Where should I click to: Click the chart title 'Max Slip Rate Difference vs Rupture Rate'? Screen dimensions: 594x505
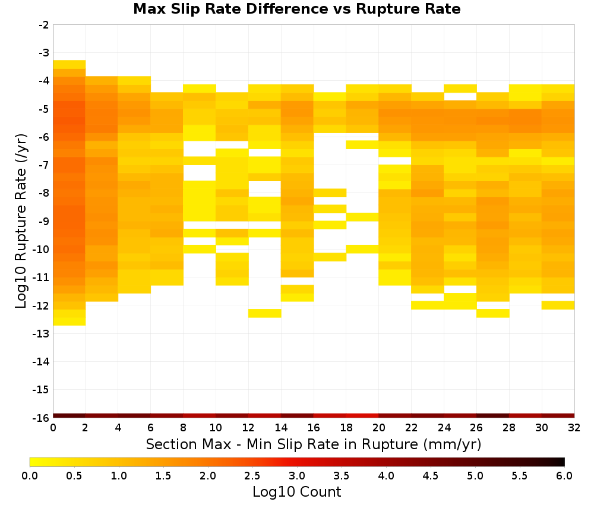pyautogui.click(x=296, y=9)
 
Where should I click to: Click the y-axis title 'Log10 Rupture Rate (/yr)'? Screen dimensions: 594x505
pyautogui.click(x=21, y=221)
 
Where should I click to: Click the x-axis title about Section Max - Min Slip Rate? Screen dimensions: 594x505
pyautogui.click(x=313, y=444)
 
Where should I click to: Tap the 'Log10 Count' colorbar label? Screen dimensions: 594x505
pyautogui.click(x=296, y=492)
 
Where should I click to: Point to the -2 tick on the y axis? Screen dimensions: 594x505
pyautogui.click(x=44, y=25)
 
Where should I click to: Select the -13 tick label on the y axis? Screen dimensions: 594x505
pyautogui.click(x=42, y=334)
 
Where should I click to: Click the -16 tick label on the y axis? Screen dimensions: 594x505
pyautogui.click(x=42, y=418)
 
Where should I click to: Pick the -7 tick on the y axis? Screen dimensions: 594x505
pyautogui.click(x=44, y=165)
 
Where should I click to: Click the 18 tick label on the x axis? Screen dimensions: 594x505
pyautogui.click(x=346, y=428)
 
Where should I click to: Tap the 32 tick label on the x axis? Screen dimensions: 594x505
pyautogui.click(x=574, y=428)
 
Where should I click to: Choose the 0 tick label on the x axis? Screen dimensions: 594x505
pyautogui.click(x=53, y=428)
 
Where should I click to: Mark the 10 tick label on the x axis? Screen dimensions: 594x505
pyautogui.click(x=216, y=428)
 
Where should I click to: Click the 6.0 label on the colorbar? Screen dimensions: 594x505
pyautogui.click(x=564, y=476)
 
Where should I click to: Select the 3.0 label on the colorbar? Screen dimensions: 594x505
pyautogui.click(x=297, y=476)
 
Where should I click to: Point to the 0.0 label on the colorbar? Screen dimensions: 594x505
pyautogui.click(x=30, y=476)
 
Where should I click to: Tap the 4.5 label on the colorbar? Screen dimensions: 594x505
pyautogui.click(x=431, y=476)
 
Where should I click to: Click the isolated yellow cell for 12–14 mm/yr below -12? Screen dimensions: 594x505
pyautogui.click(x=265, y=313)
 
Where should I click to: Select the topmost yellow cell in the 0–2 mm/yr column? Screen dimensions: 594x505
pyautogui.click(x=69, y=64)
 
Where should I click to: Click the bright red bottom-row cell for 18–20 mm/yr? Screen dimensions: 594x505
pyautogui.click(x=362, y=416)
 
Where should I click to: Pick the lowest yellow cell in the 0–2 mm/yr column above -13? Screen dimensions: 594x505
pyautogui.click(x=69, y=321)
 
